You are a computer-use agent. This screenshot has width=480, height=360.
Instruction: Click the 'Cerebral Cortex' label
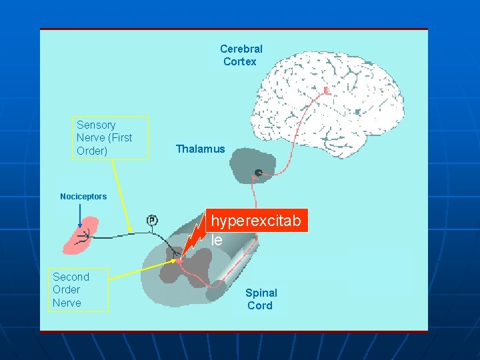coord(241,55)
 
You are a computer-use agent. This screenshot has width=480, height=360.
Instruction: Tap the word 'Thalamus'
coord(200,149)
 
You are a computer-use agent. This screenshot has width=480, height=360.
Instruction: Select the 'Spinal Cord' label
coord(261,299)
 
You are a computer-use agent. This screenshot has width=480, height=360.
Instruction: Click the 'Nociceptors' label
coord(83,197)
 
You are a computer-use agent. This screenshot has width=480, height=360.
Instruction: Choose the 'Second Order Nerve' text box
coord(79,290)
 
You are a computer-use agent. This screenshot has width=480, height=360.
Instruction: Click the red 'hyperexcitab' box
coord(257,221)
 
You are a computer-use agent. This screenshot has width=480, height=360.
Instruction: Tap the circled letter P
coord(152,220)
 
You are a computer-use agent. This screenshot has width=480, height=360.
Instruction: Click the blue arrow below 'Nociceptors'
coord(80,215)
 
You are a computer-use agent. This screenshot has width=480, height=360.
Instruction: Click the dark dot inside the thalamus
coord(258,173)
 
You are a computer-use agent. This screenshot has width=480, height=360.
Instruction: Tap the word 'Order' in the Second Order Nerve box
coord(66,289)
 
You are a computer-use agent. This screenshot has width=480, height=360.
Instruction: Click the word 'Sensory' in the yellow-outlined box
coord(96,125)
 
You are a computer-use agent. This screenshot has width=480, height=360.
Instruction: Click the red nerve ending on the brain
coord(326,90)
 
